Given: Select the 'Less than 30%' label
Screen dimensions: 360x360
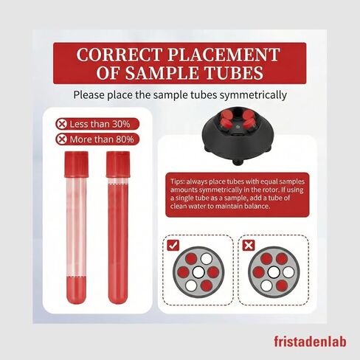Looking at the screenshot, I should pos(99,124).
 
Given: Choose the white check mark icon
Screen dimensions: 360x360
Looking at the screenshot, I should pos(174,245).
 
